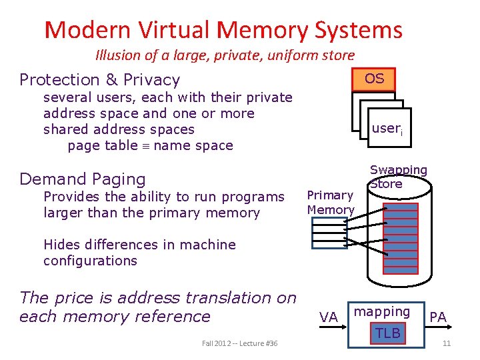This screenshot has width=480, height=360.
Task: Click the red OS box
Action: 374,79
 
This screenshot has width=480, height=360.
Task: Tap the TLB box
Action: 388,333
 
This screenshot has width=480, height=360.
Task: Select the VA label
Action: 329,318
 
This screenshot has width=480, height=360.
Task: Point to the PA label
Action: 438,317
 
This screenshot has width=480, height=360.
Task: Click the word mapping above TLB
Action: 382,311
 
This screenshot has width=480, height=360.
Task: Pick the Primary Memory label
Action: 330,202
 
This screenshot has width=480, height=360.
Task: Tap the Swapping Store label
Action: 398,177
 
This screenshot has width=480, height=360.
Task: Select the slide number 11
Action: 446,343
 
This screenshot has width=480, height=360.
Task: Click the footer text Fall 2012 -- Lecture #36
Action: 239,343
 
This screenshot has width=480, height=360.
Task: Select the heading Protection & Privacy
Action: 100,80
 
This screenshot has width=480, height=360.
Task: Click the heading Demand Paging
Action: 83,179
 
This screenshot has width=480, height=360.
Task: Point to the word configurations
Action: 90,261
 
